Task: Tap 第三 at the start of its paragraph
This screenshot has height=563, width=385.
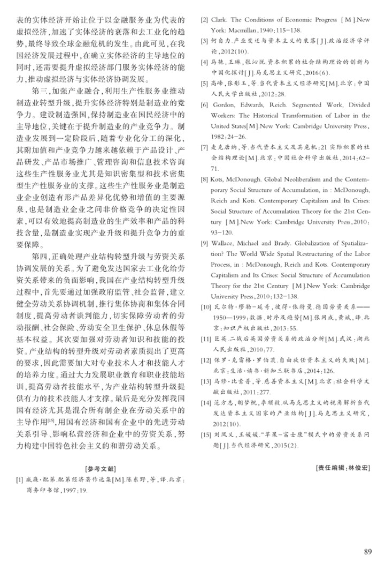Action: tap(42, 89)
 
